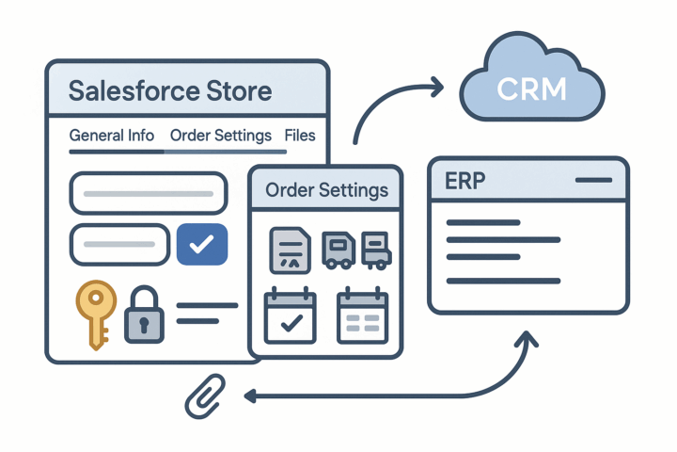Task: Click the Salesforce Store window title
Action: (170, 92)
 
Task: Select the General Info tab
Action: (111, 136)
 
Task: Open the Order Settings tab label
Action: (221, 136)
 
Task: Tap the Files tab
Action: (300, 136)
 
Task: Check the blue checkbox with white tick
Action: (201, 245)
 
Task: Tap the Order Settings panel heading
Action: (326, 189)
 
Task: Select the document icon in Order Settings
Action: (290, 250)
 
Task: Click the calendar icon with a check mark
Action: (290, 315)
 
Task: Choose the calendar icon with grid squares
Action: (361, 315)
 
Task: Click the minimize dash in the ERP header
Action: (592, 179)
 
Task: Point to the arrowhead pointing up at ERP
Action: (528, 337)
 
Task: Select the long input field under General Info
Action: (149, 193)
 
